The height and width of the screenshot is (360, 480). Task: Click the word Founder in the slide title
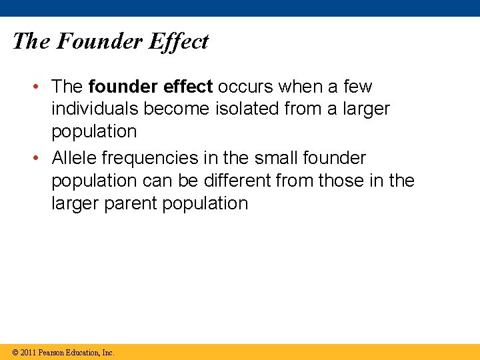click(x=99, y=41)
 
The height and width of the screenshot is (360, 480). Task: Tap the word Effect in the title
click(x=179, y=41)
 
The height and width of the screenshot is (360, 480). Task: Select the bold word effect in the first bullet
click(x=188, y=87)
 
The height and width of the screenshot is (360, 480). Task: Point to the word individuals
click(x=93, y=109)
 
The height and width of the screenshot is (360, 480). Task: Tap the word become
click(x=176, y=109)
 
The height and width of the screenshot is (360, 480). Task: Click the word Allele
click(x=75, y=159)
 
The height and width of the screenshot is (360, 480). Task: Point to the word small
click(x=277, y=159)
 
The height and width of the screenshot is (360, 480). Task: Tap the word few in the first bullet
click(x=359, y=87)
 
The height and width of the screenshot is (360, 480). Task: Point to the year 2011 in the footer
click(x=28, y=352)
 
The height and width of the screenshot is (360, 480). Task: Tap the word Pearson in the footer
click(x=52, y=352)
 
